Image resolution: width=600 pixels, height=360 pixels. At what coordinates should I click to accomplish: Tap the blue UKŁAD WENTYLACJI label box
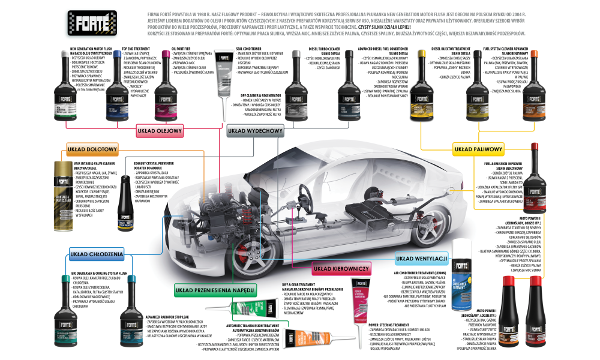point(422,259)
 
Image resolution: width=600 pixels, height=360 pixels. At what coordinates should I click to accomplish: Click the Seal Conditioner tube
point(223,82)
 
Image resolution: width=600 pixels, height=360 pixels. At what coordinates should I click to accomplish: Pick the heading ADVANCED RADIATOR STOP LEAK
point(173,317)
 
